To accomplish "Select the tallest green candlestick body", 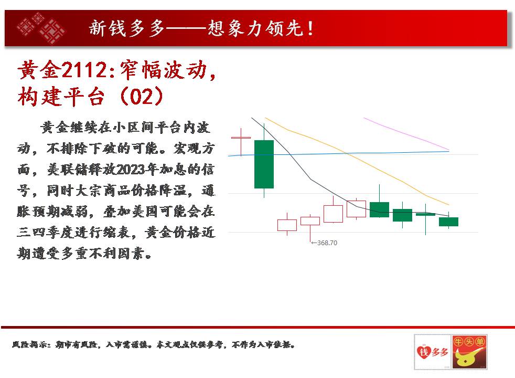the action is (264, 164).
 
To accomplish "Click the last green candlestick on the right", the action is (448, 222).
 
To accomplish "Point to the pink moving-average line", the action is (406, 133).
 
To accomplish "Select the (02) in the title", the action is (142, 96).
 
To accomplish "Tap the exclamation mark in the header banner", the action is (310, 28).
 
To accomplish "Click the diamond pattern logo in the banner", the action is (41, 28).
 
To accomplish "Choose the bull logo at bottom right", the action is (469, 352).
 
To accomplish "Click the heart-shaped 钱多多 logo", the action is (433, 352).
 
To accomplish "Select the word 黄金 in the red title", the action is (39, 70).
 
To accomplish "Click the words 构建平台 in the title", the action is (61, 97).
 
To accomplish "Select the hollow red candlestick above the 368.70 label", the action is (310, 220).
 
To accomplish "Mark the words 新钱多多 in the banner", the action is (126, 28).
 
